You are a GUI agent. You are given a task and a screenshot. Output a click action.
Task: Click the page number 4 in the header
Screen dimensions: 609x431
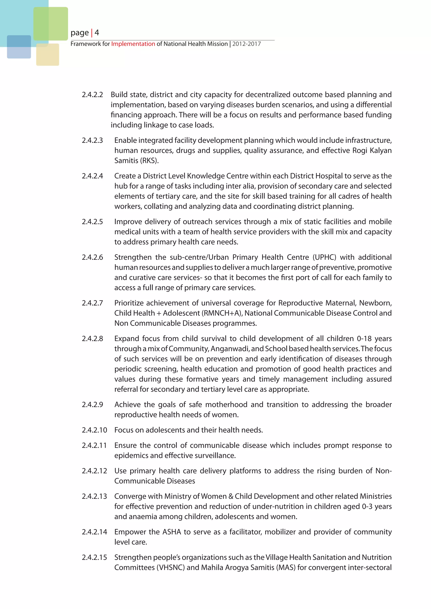[x=97, y=33]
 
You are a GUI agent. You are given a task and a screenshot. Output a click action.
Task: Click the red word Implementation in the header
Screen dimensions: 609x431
[x=133, y=44]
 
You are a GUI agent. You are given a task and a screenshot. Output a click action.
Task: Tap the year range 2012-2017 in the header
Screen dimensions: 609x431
[x=247, y=44]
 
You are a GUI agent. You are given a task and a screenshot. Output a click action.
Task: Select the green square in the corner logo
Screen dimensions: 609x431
[x=51, y=24]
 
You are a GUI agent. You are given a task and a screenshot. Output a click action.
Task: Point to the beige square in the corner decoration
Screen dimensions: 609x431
[x=48, y=55]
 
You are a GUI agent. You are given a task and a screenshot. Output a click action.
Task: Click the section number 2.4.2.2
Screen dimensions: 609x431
[x=92, y=95]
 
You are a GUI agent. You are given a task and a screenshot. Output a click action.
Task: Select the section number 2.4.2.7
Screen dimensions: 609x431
[x=92, y=303]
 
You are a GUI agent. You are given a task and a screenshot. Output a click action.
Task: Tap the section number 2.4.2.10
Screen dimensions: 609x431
[x=94, y=430]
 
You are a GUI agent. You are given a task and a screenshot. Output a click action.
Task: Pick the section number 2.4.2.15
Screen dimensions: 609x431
[x=94, y=557]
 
